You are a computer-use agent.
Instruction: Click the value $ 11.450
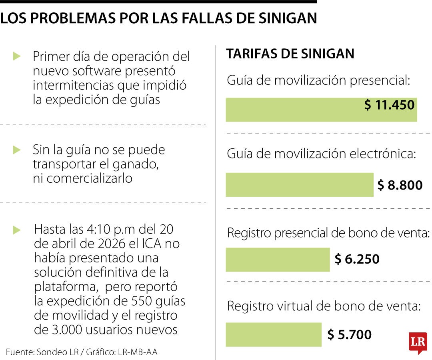pyautogui.click(x=389, y=105)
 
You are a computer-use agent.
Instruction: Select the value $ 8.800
pyautogui.click(x=400, y=185)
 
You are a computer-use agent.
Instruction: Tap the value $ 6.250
pyautogui.click(x=357, y=259)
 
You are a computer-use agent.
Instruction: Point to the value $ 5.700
pyautogui.click(x=349, y=334)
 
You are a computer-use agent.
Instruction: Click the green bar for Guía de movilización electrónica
pyautogui.click(x=299, y=185)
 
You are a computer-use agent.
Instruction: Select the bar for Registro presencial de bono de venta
pyautogui.click(x=278, y=260)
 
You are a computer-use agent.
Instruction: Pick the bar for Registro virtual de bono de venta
pyautogui.click(x=273, y=334)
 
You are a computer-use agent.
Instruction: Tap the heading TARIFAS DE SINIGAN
pyautogui.click(x=290, y=54)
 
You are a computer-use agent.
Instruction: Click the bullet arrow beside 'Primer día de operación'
pyautogui.click(x=16, y=56)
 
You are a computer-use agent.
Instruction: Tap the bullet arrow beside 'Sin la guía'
pyautogui.click(x=16, y=150)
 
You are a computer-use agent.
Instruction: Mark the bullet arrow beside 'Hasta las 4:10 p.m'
pyautogui.click(x=16, y=230)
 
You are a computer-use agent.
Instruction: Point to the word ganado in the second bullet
pyautogui.click(x=138, y=164)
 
